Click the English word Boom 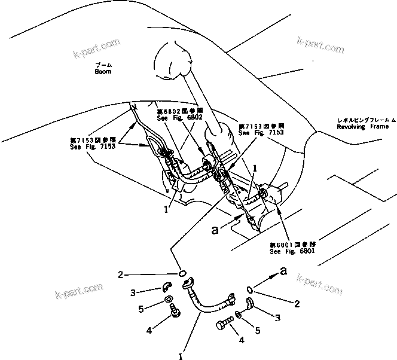coord(103,71)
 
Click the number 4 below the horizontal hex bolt coord(242,341)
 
